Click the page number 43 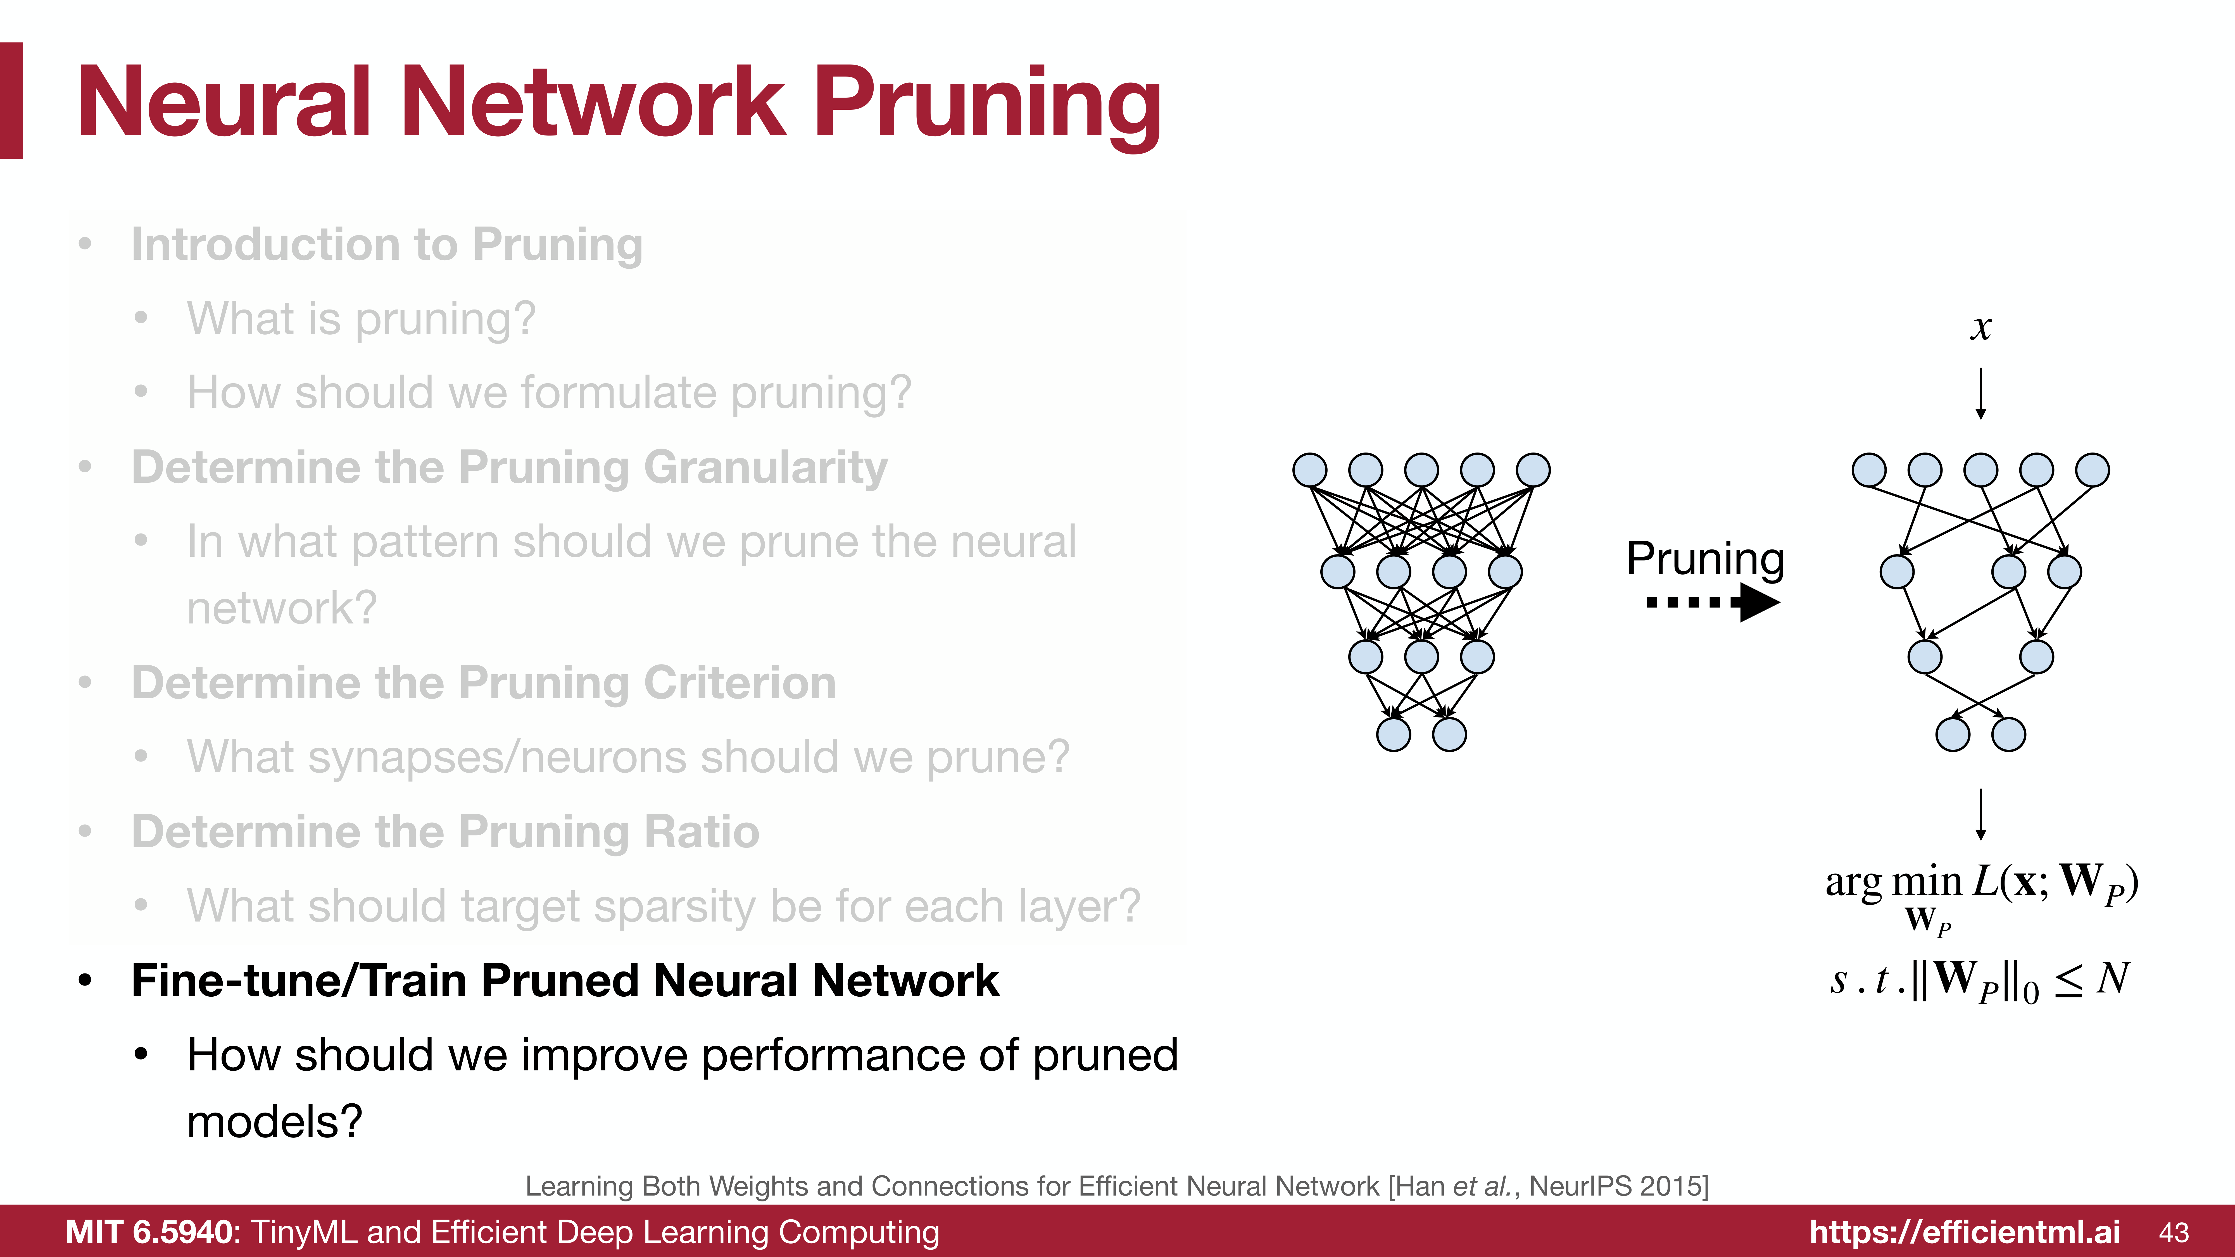pyautogui.click(x=2174, y=1232)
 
